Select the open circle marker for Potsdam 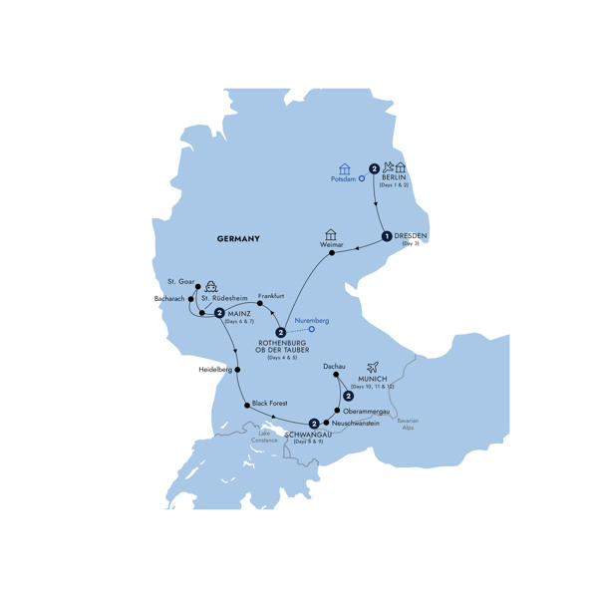[x=362, y=179]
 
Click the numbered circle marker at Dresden [x=386, y=236]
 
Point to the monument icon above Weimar [x=331, y=235]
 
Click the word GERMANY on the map [x=237, y=238]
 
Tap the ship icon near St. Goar [x=211, y=282]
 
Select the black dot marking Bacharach [x=189, y=298]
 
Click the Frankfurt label [x=270, y=297]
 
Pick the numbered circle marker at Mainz [x=219, y=313]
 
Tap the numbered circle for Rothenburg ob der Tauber [x=281, y=333]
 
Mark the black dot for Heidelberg [x=237, y=369]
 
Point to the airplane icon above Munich [x=375, y=367]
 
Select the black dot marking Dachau [x=336, y=377]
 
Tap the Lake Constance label [x=265, y=438]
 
